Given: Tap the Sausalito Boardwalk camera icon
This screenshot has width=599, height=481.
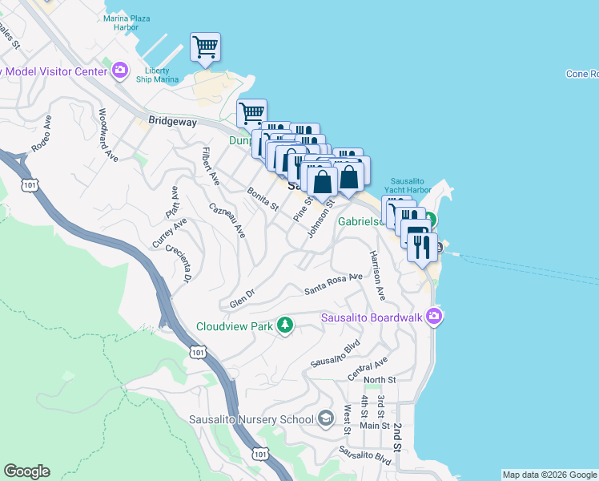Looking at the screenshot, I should [x=434, y=317].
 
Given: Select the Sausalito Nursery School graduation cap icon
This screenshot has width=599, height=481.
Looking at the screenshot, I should [x=325, y=418].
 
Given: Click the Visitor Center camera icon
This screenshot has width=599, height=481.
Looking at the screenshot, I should [x=120, y=71].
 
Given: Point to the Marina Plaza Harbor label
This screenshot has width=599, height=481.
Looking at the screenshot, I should [x=132, y=22].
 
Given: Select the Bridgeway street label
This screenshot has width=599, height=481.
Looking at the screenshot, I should [x=172, y=122].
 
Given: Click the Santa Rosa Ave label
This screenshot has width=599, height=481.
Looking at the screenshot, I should [x=332, y=283].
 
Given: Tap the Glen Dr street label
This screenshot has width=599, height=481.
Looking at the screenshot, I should [x=241, y=298].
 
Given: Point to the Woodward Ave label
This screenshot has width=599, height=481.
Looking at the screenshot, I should [x=108, y=135].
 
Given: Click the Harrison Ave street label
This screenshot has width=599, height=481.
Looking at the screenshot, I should [x=376, y=275].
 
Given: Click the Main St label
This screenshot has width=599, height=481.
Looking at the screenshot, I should [x=375, y=426].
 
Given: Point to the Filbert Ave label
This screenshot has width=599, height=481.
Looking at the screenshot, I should [x=210, y=164].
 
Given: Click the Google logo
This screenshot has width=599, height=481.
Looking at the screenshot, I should [x=26, y=471].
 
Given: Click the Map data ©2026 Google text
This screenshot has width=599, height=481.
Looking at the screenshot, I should [x=549, y=475].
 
